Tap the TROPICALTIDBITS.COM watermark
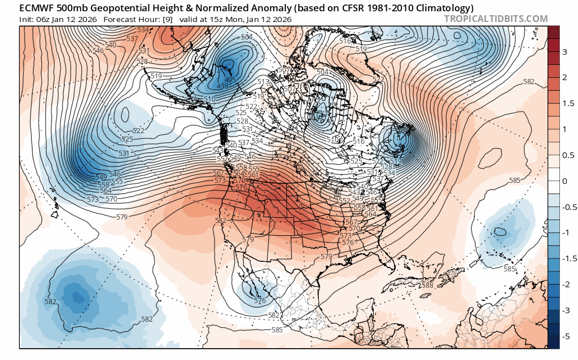pos(496,19)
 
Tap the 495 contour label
pos(230,80)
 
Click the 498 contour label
pos(222,86)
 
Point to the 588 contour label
pos(427,286)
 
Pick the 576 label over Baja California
pos(260,301)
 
